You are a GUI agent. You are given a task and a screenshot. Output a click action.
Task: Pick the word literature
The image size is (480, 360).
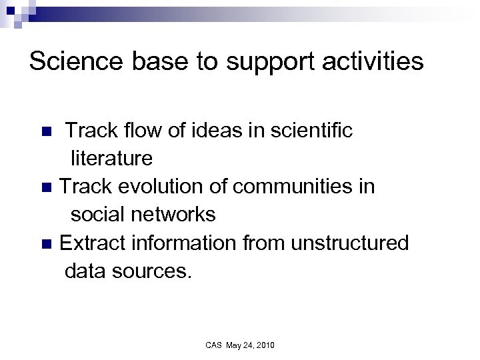[111, 159]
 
